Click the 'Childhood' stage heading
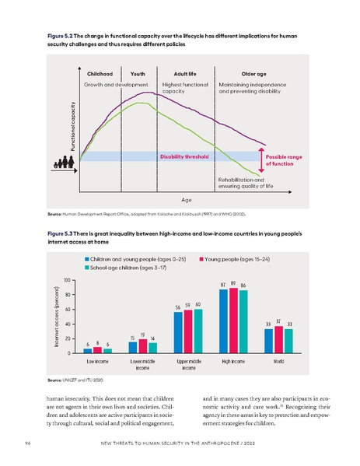[101, 72]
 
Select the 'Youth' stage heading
[138, 72]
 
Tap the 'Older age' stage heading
[245, 72]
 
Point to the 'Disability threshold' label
[184, 156]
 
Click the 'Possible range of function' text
[281, 160]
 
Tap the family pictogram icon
[64, 163]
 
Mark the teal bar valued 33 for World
[288, 341]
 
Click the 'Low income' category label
[97, 362]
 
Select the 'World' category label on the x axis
[278, 362]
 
